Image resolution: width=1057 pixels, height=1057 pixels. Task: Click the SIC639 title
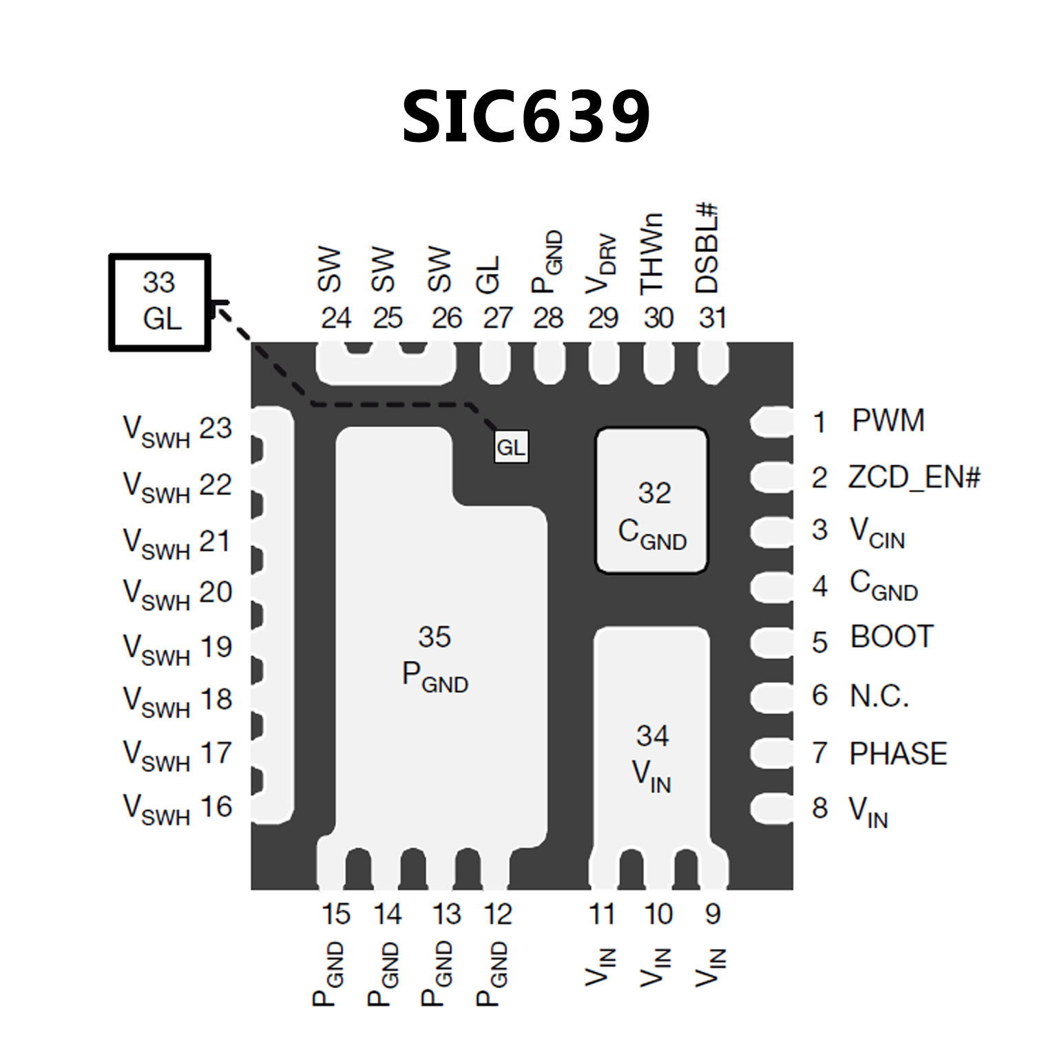pyautogui.click(x=526, y=116)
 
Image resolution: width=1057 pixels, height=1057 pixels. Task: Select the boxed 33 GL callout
pyautogui.click(x=160, y=302)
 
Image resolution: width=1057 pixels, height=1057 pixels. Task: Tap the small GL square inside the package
pyautogui.click(x=511, y=448)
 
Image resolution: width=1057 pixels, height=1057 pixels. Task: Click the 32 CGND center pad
pyautogui.click(x=651, y=501)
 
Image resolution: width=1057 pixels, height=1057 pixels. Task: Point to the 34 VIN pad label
pyautogui.click(x=651, y=757)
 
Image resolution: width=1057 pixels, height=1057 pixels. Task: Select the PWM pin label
pyautogui.click(x=888, y=421)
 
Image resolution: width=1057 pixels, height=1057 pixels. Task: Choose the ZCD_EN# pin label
pyautogui.click(x=913, y=477)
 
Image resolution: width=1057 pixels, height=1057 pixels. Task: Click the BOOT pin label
pyautogui.click(x=892, y=637)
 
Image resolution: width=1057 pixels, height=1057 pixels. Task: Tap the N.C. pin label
pyautogui.click(x=879, y=696)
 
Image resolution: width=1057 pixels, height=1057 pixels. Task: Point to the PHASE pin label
pyautogui.click(x=898, y=753)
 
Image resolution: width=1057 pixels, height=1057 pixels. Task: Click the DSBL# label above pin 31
pyautogui.click(x=707, y=249)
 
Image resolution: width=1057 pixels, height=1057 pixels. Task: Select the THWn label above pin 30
pyautogui.click(x=652, y=253)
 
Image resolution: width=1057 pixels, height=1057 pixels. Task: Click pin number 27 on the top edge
pyautogui.click(x=497, y=318)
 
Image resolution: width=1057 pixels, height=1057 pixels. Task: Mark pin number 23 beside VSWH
pyautogui.click(x=216, y=428)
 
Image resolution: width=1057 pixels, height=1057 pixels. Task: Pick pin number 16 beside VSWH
pyautogui.click(x=216, y=807)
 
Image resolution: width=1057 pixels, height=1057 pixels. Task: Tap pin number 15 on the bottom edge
pyautogui.click(x=336, y=914)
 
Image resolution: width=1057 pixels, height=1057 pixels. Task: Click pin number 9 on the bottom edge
pyautogui.click(x=713, y=914)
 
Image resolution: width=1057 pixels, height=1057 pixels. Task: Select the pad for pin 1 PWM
pyautogui.click(x=771, y=421)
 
